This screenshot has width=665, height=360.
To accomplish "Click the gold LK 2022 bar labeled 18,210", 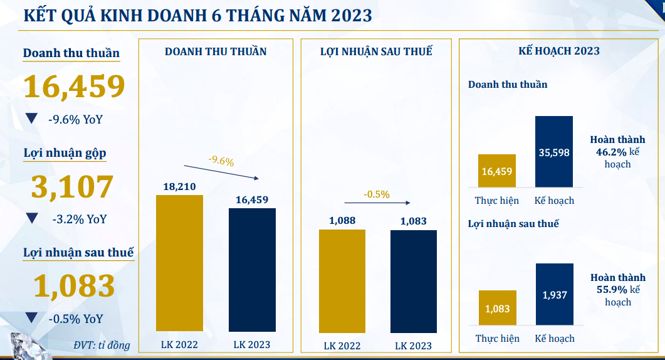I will [179, 263].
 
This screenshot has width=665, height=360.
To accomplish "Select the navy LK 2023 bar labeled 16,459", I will [252, 269].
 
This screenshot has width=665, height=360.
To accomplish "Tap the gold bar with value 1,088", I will [342, 280].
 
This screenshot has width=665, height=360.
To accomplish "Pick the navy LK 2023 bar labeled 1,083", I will [413, 281].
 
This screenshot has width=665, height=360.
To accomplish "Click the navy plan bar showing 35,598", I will [553, 151].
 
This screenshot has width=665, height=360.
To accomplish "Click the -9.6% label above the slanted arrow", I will [221, 161].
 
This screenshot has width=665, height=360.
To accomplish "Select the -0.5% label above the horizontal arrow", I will [376, 194].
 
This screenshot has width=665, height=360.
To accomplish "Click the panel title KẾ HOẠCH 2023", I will [559, 51].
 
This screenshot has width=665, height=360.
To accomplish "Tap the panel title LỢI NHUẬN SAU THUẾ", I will [376, 51].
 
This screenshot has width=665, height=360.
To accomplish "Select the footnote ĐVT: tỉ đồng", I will [102, 345].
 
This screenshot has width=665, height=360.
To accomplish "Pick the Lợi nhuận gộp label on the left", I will [65, 153].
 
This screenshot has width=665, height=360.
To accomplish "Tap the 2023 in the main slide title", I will [348, 15].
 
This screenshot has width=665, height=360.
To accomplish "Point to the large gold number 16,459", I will [74, 87].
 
